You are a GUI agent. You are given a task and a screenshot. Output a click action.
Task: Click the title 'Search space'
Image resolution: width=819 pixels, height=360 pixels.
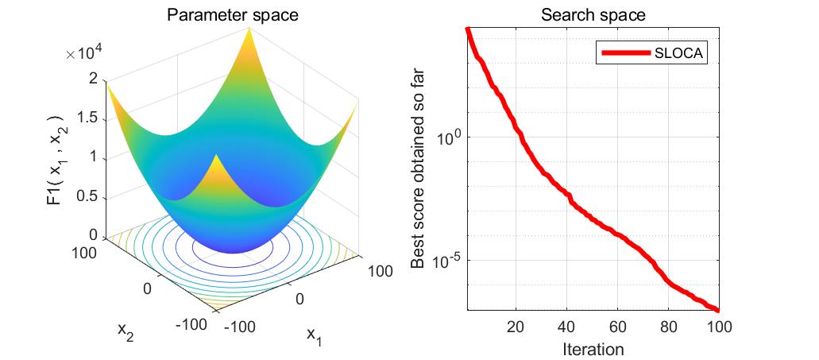coord(593,14)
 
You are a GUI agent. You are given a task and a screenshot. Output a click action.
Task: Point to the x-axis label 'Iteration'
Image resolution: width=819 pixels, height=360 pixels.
coord(593,349)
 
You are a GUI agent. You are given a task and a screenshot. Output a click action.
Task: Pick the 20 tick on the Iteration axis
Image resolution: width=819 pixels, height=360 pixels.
coord(516,326)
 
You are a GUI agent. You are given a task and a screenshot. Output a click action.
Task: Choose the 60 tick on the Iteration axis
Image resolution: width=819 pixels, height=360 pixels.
coord(618,326)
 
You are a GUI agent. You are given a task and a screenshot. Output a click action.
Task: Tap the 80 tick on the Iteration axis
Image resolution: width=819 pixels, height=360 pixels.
coord(669,326)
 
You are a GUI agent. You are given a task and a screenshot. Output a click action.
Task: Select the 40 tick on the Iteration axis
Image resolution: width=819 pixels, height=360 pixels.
coord(567,326)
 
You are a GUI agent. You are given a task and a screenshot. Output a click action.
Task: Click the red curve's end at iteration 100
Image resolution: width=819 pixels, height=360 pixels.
coord(718,310)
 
